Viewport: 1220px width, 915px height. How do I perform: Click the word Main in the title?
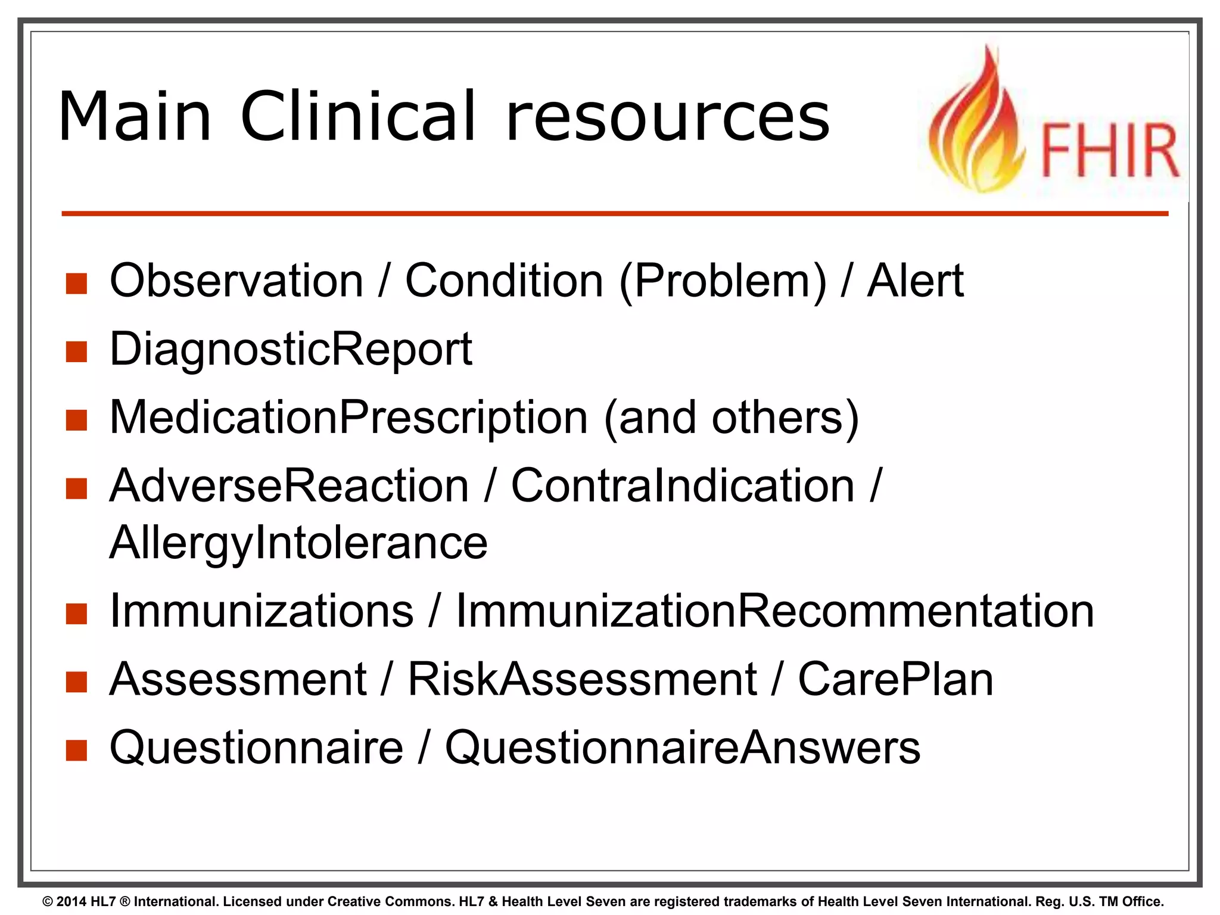tap(135, 117)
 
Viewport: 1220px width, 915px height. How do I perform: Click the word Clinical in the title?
tap(357, 117)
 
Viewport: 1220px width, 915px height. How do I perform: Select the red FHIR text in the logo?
tap(1109, 151)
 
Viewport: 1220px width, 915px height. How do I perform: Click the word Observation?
tap(236, 281)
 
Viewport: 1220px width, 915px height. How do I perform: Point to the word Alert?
tap(915, 281)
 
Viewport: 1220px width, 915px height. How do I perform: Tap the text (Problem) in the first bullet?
tap(723, 282)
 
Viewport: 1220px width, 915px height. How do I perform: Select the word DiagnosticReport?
tap(291, 350)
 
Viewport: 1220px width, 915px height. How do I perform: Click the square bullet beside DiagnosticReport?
tap(76, 351)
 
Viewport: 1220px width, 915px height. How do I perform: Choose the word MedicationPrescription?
tap(348, 418)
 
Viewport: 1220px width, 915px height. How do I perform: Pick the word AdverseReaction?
tap(289, 486)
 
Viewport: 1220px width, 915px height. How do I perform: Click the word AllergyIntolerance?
tap(298, 543)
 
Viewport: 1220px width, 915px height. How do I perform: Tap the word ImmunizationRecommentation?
tap(775, 611)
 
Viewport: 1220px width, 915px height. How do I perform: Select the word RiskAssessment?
tap(582, 680)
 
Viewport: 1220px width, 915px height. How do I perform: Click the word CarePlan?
tap(895, 680)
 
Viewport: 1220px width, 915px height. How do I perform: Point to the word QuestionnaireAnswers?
tap(683, 748)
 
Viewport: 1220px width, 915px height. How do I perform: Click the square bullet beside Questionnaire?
tap(76, 751)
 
